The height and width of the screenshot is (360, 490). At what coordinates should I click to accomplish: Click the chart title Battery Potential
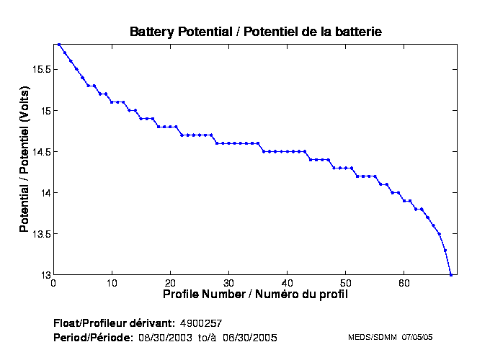tap(255, 32)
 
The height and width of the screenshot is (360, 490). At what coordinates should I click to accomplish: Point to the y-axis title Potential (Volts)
tap(24, 160)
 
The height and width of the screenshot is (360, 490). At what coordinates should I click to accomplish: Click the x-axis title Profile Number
tap(255, 294)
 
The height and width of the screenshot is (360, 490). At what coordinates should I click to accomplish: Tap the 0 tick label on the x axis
tap(53, 283)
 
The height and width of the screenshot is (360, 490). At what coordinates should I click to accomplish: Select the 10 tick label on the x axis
tap(112, 283)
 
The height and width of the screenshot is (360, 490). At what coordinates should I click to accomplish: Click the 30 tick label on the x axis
tap(228, 283)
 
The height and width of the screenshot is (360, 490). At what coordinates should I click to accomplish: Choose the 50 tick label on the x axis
tap(345, 283)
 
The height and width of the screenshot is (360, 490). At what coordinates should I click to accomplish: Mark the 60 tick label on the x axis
tap(404, 283)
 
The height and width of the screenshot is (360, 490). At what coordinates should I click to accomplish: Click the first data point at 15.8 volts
tap(59, 45)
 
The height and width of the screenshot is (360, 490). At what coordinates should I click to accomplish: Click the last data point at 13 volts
tap(451, 274)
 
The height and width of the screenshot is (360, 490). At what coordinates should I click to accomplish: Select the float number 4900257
tap(205, 323)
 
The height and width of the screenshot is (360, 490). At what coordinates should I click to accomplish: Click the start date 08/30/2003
tap(163, 338)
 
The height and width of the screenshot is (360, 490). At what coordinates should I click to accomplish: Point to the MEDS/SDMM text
tap(367, 337)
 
